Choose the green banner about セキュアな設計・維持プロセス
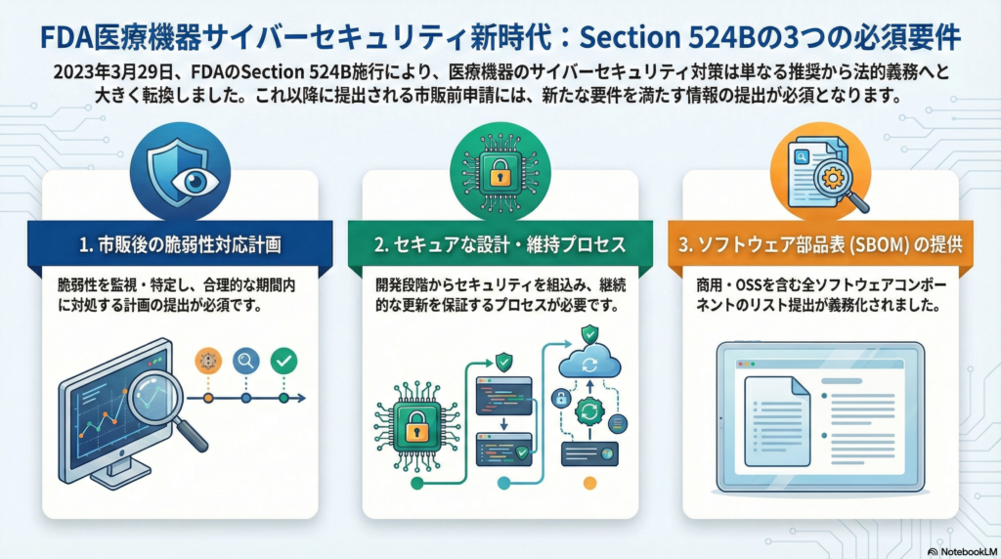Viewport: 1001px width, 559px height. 500,245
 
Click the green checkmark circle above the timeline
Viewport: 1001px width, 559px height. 283,361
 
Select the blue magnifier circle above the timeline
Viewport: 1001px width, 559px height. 245,361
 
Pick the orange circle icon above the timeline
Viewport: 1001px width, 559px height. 207,361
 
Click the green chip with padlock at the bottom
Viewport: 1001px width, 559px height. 415,427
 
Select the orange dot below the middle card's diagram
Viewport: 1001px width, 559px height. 588,483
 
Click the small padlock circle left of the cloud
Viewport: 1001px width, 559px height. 561,398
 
